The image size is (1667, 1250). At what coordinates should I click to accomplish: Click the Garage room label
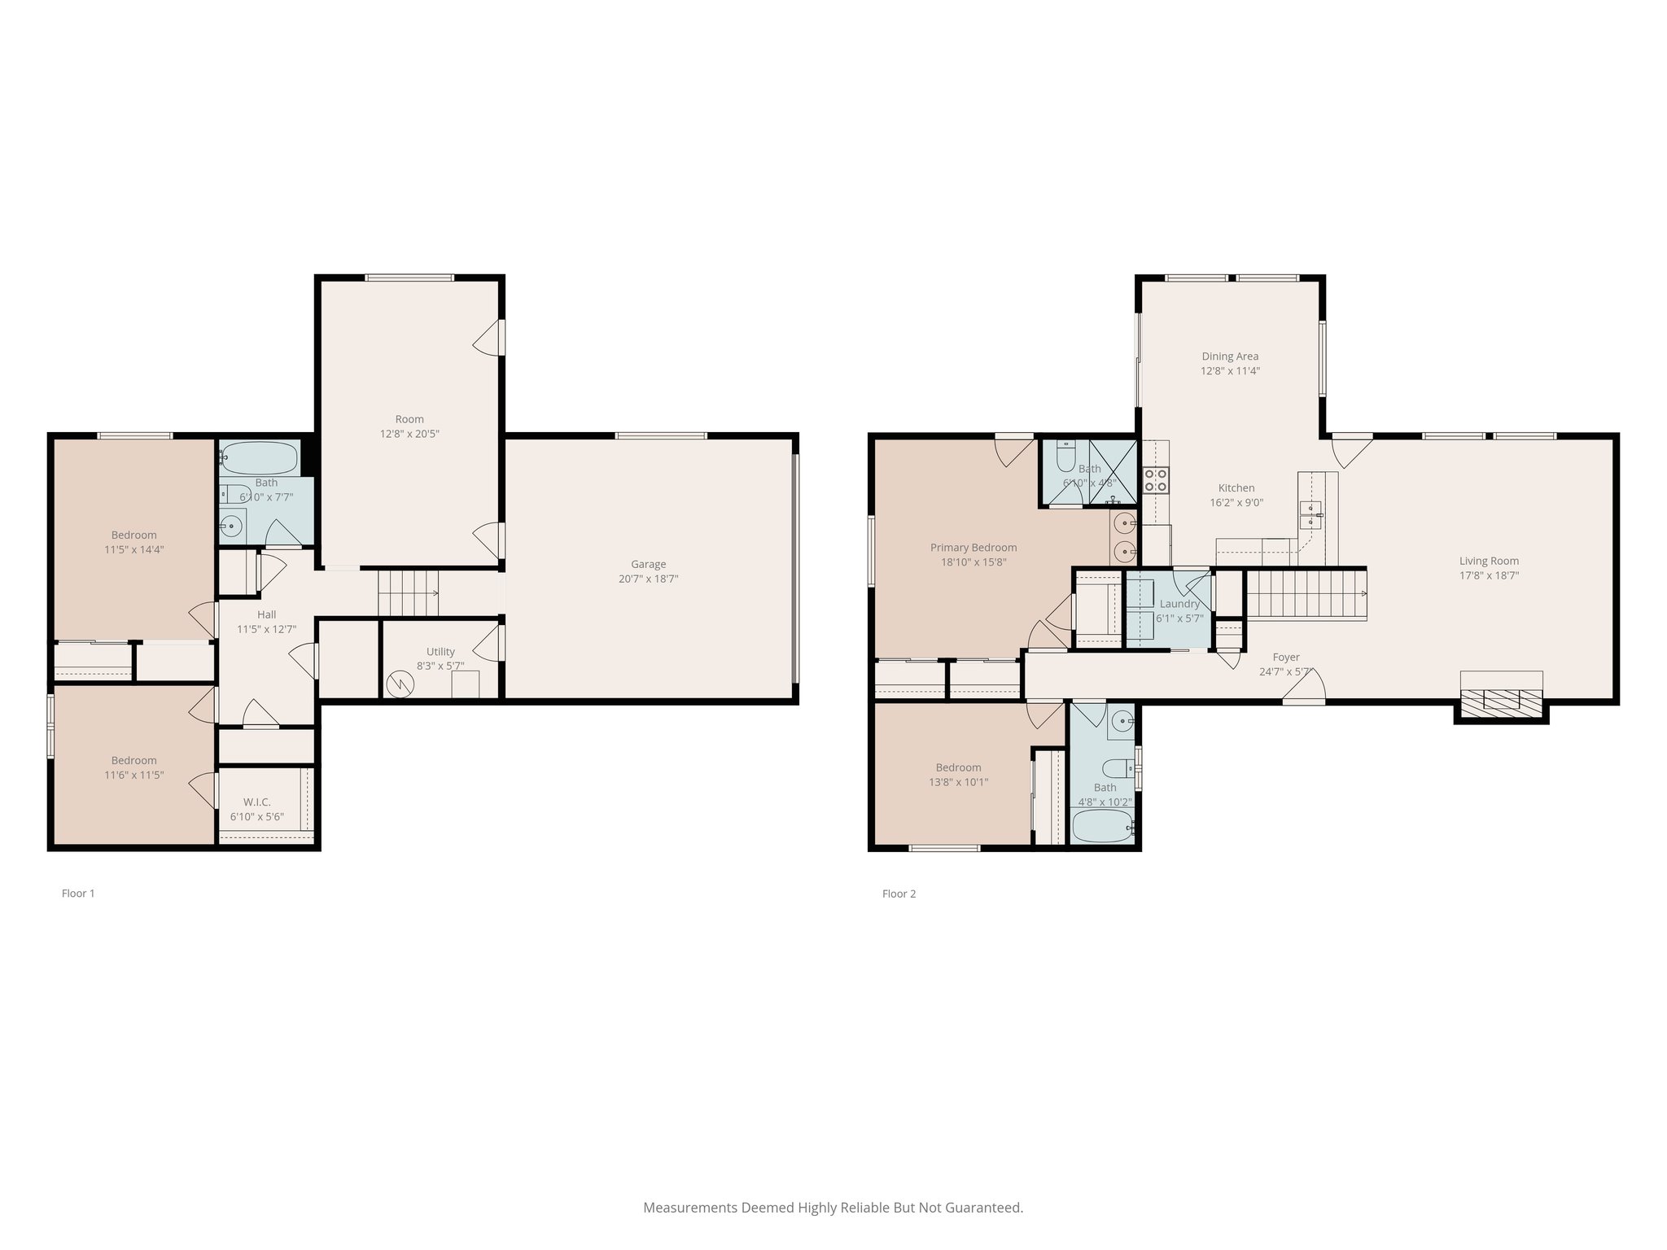[x=648, y=564]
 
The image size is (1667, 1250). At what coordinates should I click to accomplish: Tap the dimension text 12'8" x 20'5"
[x=409, y=435]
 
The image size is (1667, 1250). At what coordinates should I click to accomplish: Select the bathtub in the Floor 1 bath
[x=260, y=458]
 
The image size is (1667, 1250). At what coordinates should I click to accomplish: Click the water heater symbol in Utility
[x=400, y=684]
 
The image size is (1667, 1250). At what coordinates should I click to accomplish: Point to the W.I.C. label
[x=256, y=802]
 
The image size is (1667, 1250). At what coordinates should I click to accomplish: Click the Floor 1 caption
[x=78, y=894]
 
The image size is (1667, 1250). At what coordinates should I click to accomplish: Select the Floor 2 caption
[x=899, y=894]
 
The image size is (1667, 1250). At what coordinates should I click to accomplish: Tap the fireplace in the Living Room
[x=1501, y=699]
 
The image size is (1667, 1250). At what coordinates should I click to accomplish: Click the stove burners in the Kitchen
[x=1156, y=479]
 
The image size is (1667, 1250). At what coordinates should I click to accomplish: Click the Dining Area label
[x=1230, y=356]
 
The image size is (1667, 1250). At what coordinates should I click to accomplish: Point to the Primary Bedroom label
[x=974, y=548]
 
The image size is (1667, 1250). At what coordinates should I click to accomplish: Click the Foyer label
[x=1286, y=658]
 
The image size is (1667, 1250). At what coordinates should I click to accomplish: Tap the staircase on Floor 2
[x=1305, y=594]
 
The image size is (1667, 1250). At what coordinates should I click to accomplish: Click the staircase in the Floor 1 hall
[x=408, y=593]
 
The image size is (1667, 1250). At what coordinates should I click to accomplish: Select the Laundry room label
[x=1179, y=604]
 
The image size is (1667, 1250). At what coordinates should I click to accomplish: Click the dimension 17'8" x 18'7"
[x=1489, y=575]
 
